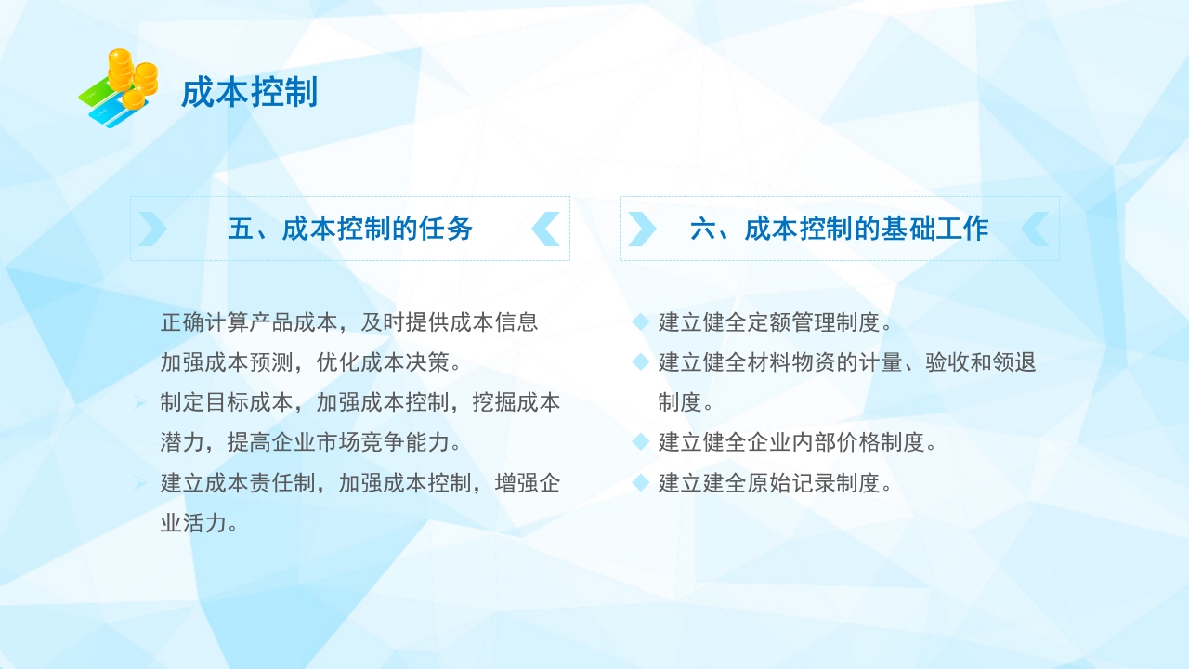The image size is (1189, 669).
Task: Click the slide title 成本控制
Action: coord(249,93)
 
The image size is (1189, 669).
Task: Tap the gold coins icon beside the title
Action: coord(119,87)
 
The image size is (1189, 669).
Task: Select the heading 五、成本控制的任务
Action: coord(350,229)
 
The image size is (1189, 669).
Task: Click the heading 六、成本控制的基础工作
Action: coord(839,229)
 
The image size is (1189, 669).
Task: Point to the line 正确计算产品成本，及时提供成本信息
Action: coord(349,322)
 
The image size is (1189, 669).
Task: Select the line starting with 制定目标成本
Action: coord(360,402)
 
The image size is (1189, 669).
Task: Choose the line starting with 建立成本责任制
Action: coord(360,483)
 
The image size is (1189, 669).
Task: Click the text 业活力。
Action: coord(200,523)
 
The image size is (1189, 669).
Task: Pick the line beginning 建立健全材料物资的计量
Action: coord(847,362)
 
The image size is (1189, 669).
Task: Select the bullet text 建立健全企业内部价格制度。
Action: coord(798,442)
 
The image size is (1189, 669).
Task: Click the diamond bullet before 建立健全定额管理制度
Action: coord(640,322)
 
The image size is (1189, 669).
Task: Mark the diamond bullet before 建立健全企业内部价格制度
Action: coord(640,442)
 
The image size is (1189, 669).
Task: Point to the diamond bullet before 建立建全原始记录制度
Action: coord(640,483)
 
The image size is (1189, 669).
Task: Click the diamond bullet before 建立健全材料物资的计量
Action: coord(640,361)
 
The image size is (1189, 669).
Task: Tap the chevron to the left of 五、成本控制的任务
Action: coord(153,229)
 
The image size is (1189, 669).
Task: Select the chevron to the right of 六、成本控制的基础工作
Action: coord(1035,229)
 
